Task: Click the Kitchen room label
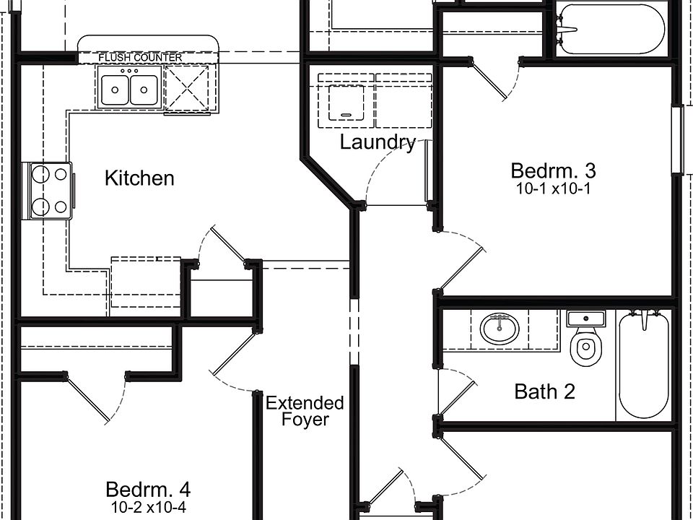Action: (x=139, y=178)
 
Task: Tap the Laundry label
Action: (x=378, y=142)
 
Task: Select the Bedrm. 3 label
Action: (x=553, y=171)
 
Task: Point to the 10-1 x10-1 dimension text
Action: (x=553, y=189)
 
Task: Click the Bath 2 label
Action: (x=544, y=391)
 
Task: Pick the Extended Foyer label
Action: (x=304, y=411)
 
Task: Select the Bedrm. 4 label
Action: (x=147, y=489)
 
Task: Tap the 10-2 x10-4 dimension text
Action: (x=147, y=507)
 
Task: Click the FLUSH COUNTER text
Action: (x=140, y=57)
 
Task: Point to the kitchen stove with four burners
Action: (x=50, y=190)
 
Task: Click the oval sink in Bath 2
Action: (x=500, y=329)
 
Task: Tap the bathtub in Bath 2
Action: (x=643, y=365)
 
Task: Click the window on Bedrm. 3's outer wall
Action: (x=677, y=140)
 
